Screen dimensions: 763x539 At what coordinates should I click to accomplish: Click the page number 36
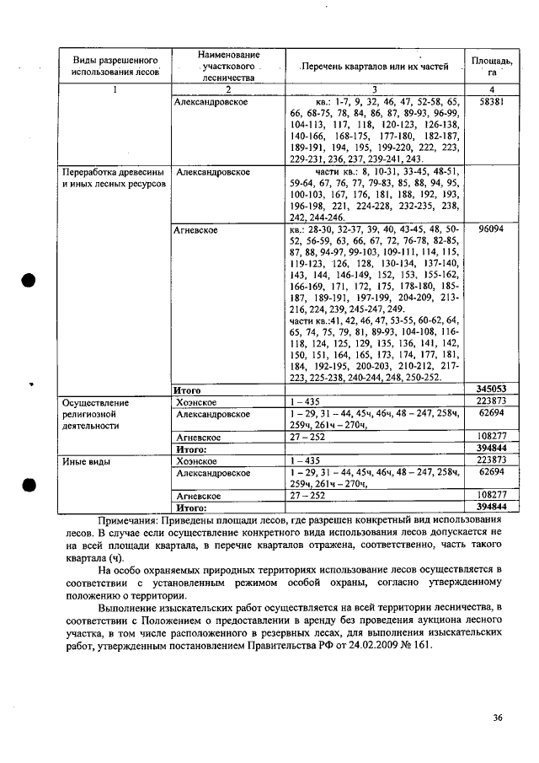point(497,717)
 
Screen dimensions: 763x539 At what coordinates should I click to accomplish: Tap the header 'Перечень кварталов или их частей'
point(376,66)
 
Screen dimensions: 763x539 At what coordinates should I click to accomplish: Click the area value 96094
point(490,228)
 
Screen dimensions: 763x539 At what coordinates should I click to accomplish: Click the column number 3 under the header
point(375,89)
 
